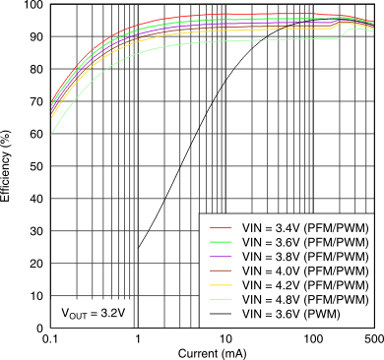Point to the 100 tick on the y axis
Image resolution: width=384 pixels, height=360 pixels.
tap(32, 6)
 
